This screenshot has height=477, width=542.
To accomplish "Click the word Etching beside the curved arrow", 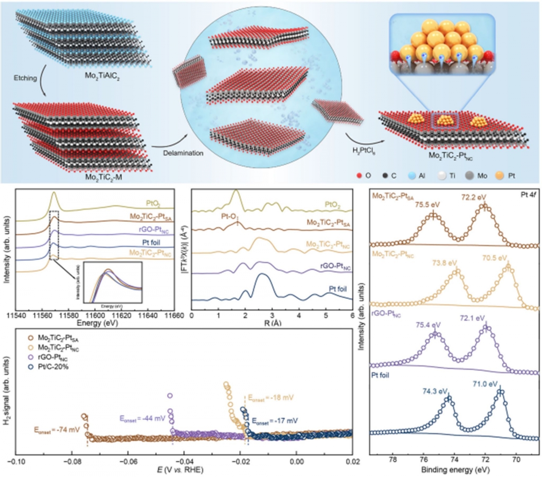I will click(25, 78).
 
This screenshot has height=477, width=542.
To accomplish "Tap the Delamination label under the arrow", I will click(183, 153).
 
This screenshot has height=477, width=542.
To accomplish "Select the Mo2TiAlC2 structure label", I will click(102, 77).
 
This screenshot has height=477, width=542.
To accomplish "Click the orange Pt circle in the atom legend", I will click(500, 175).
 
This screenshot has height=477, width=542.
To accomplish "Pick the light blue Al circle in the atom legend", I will click(411, 175).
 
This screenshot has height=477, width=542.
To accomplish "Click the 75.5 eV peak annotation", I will click(427, 204).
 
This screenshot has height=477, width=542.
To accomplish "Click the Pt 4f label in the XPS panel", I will click(528, 195).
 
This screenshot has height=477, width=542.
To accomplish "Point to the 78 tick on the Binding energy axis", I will click(393, 459).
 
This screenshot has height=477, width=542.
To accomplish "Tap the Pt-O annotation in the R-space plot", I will click(229, 216).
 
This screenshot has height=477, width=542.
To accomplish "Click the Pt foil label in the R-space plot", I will click(337, 289).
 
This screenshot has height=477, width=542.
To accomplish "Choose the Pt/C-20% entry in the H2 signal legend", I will click(53, 367).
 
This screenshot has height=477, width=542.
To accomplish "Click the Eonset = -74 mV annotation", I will click(57, 430).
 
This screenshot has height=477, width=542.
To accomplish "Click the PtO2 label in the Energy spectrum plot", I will click(153, 204).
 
